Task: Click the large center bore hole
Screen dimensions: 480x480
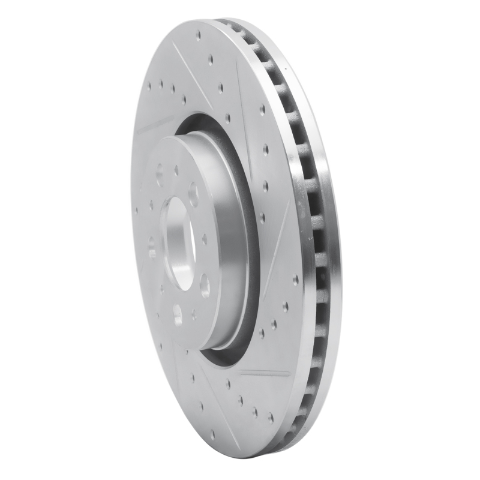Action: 178,243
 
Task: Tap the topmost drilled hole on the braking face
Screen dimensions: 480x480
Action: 199,35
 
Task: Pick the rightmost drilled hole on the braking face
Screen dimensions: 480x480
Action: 295,279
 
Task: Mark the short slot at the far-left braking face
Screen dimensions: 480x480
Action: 155,125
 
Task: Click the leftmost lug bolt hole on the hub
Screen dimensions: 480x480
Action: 151,247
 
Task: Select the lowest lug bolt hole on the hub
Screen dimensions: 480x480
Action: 178,314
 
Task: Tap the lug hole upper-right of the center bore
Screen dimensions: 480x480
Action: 193,194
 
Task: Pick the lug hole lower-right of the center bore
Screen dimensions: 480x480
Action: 205,285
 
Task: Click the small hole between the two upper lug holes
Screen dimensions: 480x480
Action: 176,170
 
